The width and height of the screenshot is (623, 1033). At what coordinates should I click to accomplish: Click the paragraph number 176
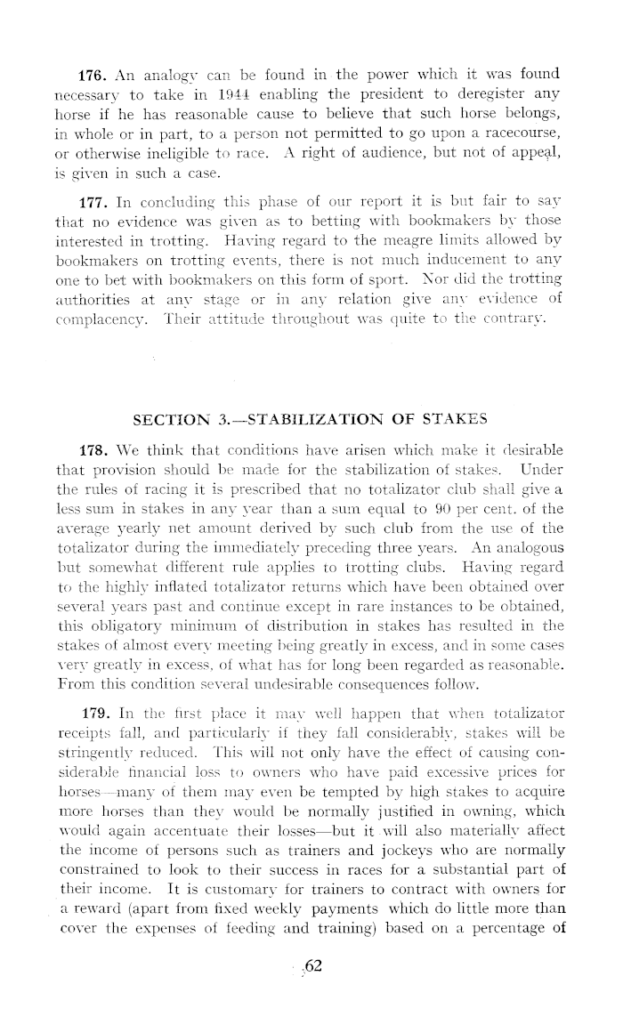pos(93,71)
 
